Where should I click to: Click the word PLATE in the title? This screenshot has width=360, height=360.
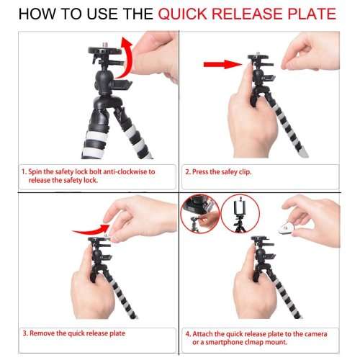coord(310,15)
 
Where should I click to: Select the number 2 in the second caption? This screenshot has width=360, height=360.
coord(188,172)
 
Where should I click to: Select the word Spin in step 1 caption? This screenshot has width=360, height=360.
coord(35,172)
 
